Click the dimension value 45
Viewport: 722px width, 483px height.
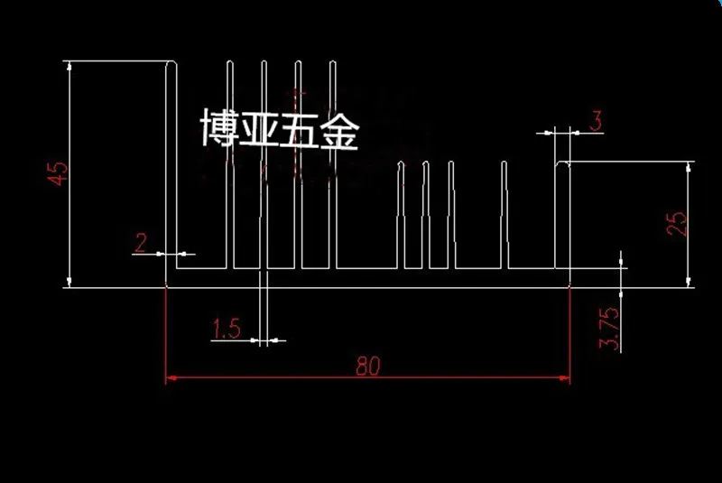coord(58,172)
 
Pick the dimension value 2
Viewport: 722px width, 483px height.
coord(141,242)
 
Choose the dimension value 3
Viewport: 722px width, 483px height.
coord(596,120)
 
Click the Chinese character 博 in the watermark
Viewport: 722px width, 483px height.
coord(220,130)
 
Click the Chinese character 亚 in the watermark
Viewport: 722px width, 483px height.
coord(260,130)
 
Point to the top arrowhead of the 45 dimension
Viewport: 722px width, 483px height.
coord(69,66)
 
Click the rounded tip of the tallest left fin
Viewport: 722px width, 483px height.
coord(171,63)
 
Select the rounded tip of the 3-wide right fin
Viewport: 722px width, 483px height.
coord(564,164)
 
